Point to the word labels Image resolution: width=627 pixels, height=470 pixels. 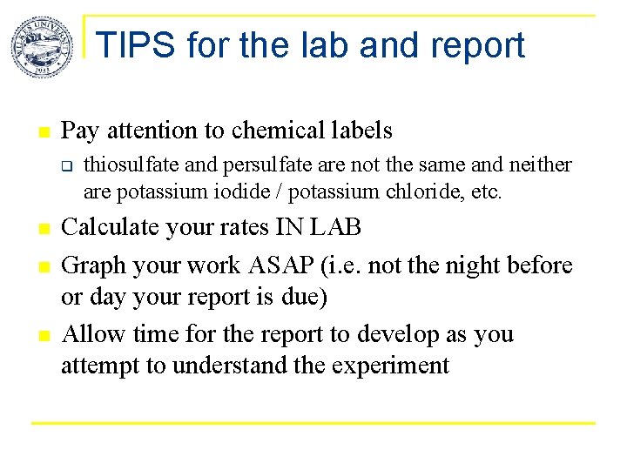pos(360,131)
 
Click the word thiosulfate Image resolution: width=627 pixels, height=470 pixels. pos(127,164)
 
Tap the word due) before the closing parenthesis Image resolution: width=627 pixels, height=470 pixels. pos(305,297)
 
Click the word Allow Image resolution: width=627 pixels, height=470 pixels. pos(91,333)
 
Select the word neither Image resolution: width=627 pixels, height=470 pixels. pos(543,164)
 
